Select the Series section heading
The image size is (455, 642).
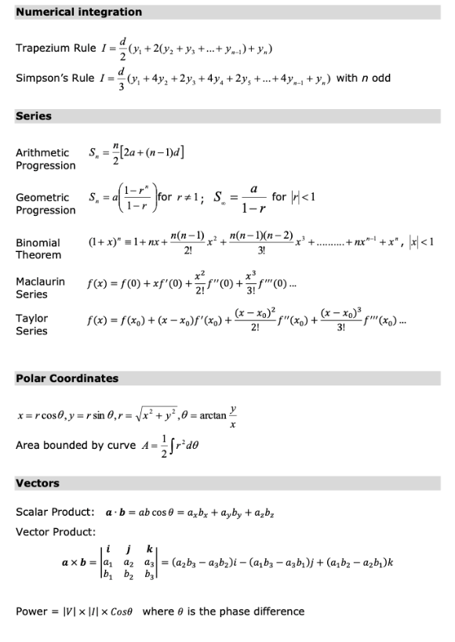click(34, 116)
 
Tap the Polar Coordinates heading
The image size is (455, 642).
click(67, 378)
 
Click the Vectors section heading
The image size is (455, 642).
click(38, 483)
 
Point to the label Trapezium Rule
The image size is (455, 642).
click(56, 49)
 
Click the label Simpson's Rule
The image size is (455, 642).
click(56, 78)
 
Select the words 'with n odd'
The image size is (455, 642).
click(363, 78)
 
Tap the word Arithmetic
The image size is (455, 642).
click(42, 152)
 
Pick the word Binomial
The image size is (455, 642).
click(38, 243)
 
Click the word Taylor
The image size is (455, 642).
click(32, 319)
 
